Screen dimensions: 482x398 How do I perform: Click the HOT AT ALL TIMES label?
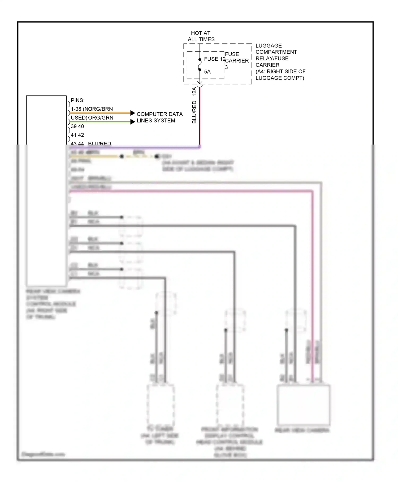tap(201, 36)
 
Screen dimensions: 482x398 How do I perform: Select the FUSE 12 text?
tap(214, 59)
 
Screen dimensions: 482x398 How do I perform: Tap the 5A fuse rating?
tap(207, 72)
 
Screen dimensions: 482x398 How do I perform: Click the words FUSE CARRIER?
tap(236, 58)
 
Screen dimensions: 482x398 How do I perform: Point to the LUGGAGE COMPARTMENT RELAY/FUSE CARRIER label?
tap(280, 62)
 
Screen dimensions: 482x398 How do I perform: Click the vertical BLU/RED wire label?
tap(194, 112)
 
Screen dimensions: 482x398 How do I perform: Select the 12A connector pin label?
tap(194, 91)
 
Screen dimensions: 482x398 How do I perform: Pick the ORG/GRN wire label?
tap(101, 118)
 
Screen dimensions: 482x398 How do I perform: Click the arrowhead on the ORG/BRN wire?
tap(133, 113)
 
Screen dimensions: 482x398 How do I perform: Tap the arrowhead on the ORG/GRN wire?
tap(133, 122)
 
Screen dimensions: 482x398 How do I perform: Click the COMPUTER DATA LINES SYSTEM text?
tap(159, 117)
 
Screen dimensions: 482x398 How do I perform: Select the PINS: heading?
tap(78, 100)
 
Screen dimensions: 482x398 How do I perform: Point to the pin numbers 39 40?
tap(77, 126)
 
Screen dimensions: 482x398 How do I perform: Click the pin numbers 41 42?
tap(77, 135)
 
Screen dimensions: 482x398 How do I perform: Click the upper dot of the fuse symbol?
tap(200, 60)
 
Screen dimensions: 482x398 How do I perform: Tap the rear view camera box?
tap(303, 405)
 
